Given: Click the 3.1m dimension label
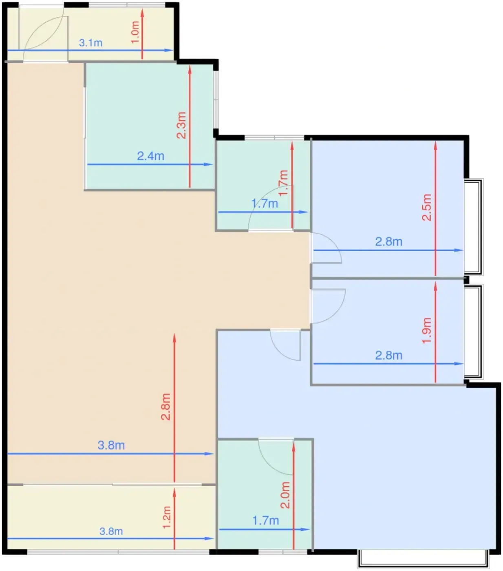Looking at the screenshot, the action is tap(90, 43).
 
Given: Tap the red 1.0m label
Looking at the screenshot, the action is tap(135, 32).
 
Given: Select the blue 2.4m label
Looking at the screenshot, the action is tap(150, 156).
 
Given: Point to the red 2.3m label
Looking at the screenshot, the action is tap(181, 125).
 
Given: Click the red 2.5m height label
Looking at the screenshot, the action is tap(427, 207).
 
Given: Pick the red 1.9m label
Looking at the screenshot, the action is tap(427, 330).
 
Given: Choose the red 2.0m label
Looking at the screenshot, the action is tap(285, 495).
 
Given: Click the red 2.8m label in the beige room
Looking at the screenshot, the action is tap(165, 407).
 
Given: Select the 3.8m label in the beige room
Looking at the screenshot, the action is tap(111, 445).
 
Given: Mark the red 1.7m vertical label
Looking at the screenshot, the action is tap(283, 183).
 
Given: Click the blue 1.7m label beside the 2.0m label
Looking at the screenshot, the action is tap(265, 520).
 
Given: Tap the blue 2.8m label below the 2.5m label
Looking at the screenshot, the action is tap(388, 241).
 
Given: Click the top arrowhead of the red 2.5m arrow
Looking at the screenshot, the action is tap(435, 146).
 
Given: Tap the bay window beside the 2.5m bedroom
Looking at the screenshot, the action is tap(474, 227).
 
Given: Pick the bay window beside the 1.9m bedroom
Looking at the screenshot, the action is tap(474, 332).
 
